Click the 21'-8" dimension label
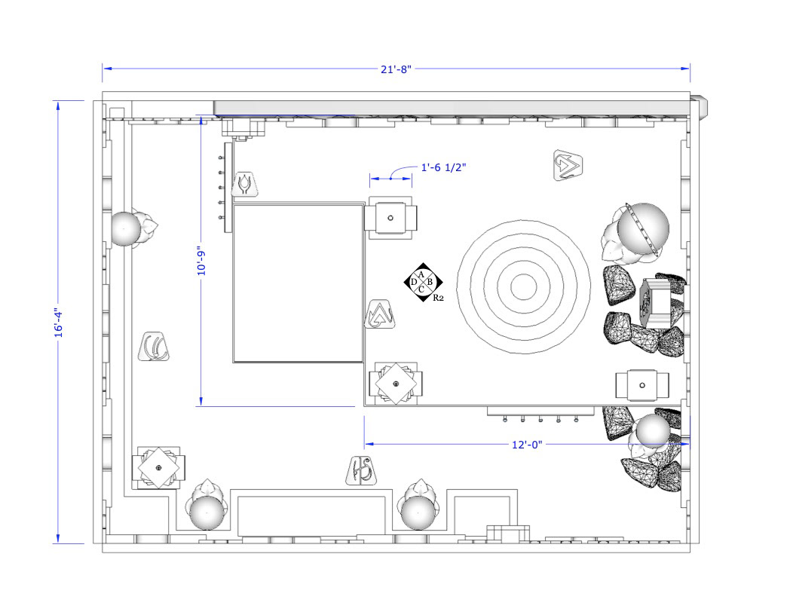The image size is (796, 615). point(396,69)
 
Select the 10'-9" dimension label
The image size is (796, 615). point(201,262)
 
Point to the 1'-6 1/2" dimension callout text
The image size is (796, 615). point(443,167)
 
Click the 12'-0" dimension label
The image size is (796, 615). point(527,445)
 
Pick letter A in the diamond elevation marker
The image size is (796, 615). point(421,274)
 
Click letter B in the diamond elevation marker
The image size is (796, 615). point(430,282)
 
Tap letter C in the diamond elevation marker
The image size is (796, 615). point(421,289)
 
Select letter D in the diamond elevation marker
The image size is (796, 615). point(413,282)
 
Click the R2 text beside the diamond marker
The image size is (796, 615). point(438,298)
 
